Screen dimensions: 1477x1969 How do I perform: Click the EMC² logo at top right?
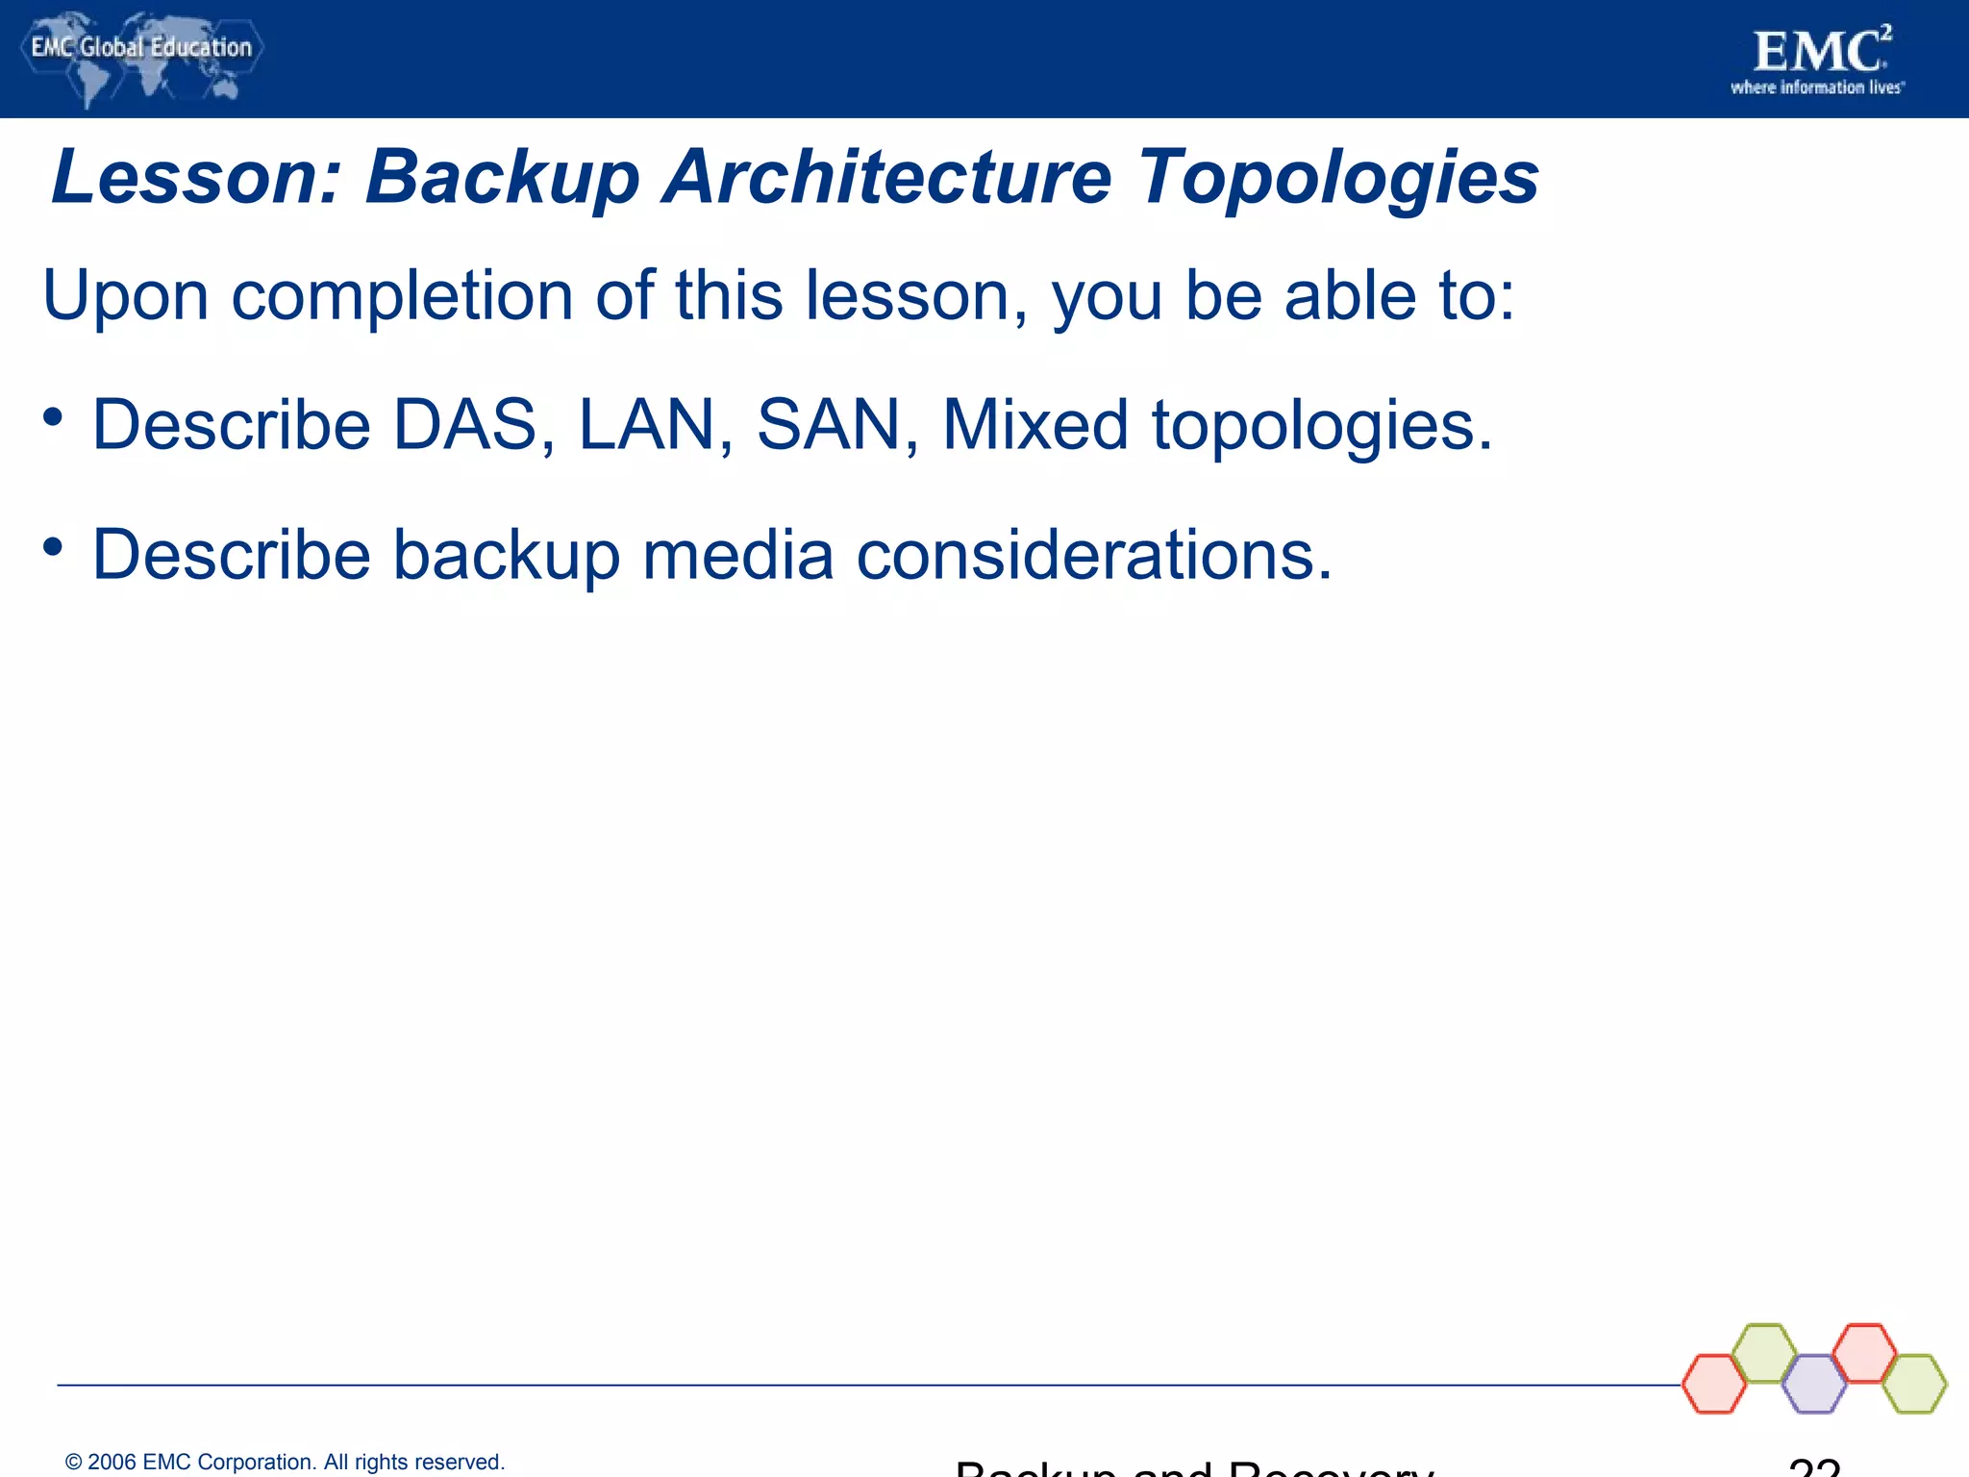pyautogui.click(x=1820, y=52)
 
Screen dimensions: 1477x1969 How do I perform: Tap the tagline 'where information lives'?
pyautogui.click(x=1817, y=88)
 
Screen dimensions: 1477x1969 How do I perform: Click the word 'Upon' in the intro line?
pyautogui.click(x=125, y=296)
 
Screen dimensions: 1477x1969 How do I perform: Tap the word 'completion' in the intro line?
pyautogui.click(x=401, y=296)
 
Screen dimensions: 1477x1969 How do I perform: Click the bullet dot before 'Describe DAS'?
pyautogui.click(x=53, y=417)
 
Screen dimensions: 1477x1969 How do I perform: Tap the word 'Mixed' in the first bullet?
pyautogui.click(x=1034, y=425)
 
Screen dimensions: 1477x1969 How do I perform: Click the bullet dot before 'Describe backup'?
pyautogui.click(x=53, y=547)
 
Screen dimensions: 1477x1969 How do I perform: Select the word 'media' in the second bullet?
pyautogui.click(x=737, y=555)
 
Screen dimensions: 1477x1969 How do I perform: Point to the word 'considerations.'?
pyautogui.click(x=1094, y=555)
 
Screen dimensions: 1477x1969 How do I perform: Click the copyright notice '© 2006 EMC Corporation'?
pyautogui.click(x=285, y=1463)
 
